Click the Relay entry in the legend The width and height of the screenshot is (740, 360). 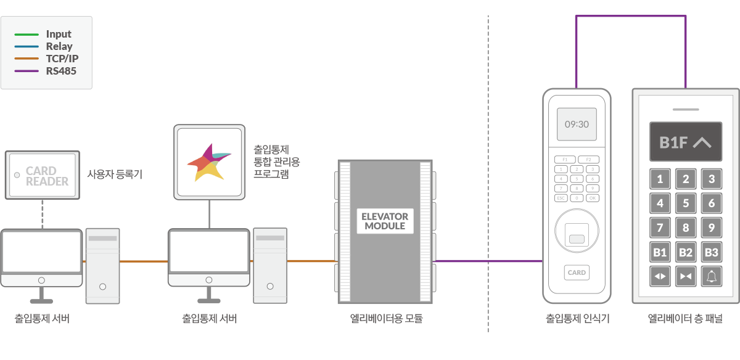[x=59, y=46]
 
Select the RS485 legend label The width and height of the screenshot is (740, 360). [x=61, y=70]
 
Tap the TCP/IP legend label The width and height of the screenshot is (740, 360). [x=62, y=59]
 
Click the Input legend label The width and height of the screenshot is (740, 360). [x=59, y=35]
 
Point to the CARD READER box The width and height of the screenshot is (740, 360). [x=42, y=176]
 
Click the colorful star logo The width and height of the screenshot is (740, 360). [x=208, y=162]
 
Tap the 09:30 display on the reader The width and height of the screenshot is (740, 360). [x=577, y=125]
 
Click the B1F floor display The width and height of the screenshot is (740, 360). [x=685, y=142]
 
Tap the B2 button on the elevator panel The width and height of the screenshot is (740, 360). [x=685, y=252]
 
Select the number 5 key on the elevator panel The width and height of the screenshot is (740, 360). [x=685, y=203]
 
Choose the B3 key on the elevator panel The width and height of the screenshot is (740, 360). [x=711, y=252]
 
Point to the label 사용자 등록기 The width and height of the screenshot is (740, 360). [x=115, y=174]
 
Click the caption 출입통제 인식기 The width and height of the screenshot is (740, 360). [x=577, y=319]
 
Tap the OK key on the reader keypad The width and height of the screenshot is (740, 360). [x=592, y=198]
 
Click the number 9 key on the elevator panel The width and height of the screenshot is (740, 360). [x=711, y=228]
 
